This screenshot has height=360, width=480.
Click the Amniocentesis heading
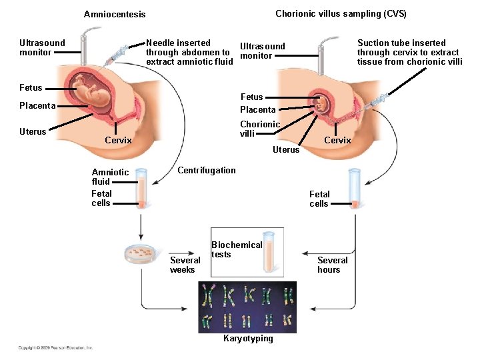[x=114, y=14]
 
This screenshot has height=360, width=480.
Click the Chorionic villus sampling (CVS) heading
[x=341, y=13]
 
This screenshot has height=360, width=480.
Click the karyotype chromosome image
[x=247, y=307]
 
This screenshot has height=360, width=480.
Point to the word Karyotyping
[x=248, y=339]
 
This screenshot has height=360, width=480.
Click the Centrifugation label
[x=206, y=170]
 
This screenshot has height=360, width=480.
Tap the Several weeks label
[x=185, y=265]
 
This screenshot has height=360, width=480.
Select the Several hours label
[x=333, y=265]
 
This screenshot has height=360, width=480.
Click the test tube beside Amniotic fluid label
[x=141, y=189]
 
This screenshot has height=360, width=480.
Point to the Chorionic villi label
[x=260, y=129]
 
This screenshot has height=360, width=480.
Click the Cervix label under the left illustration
[x=118, y=140]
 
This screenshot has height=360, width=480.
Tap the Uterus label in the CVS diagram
[x=286, y=149]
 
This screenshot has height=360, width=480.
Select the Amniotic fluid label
[x=110, y=177]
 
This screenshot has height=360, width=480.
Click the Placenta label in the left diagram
[x=37, y=105]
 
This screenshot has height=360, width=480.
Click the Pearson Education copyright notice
[x=55, y=347]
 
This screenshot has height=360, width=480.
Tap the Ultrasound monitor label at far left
[x=42, y=47]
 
